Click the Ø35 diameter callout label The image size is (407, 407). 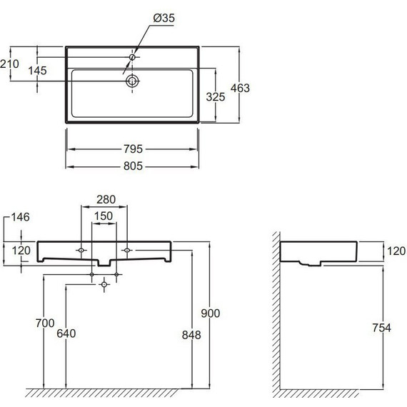164,18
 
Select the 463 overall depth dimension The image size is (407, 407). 240,88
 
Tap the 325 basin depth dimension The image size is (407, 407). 216,97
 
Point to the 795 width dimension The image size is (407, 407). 133,149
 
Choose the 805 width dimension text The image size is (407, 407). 133,166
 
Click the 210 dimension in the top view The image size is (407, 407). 9,64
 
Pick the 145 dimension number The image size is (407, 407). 37,71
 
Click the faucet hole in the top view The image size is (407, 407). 132,57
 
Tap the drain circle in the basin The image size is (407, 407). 133,81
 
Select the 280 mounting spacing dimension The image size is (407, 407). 106,200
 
